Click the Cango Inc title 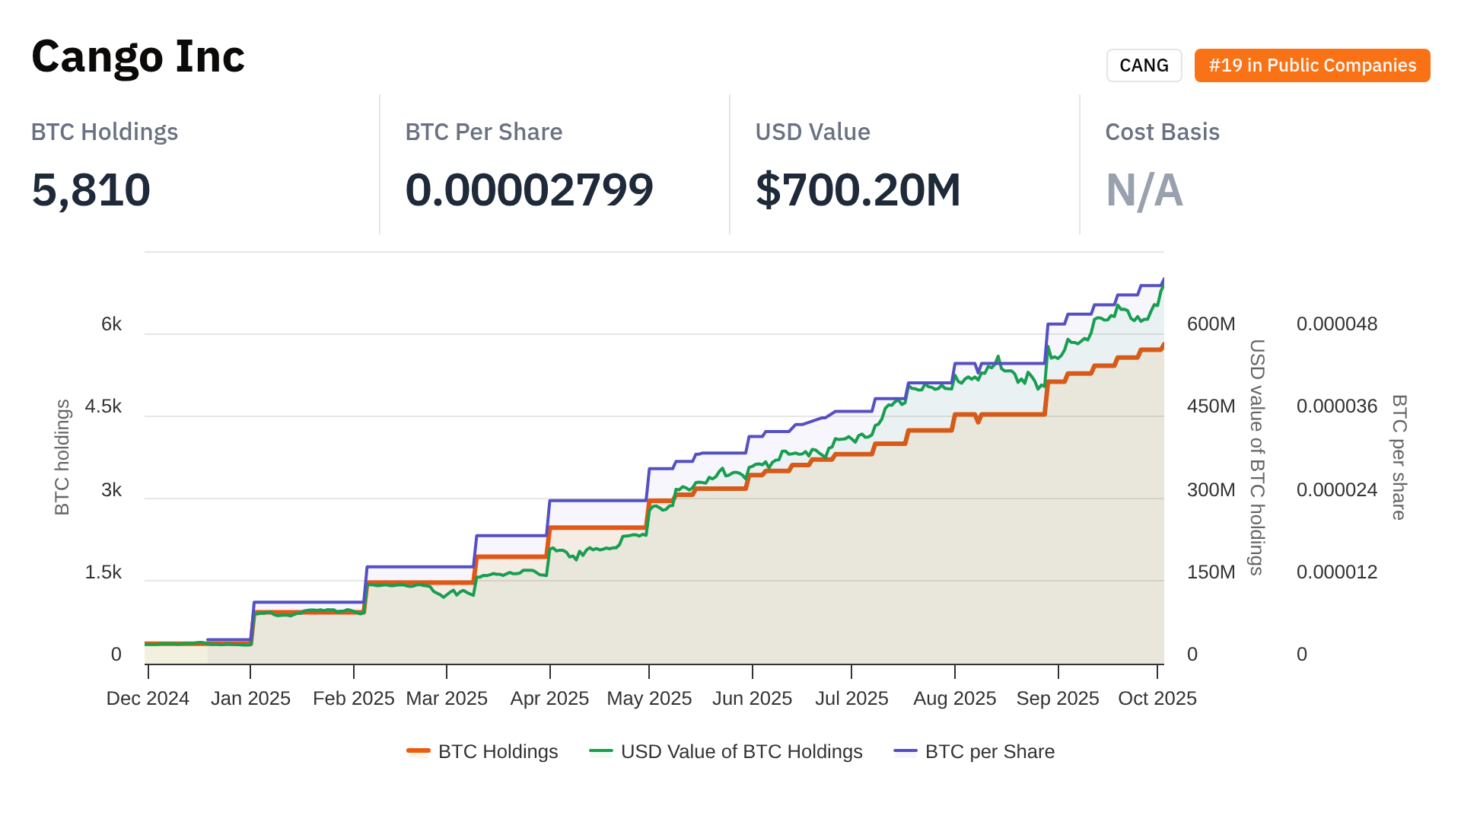pyautogui.click(x=138, y=57)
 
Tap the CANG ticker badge pyautogui.click(x=1144, y=65)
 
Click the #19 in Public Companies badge pyautogui.click(x=1312, y=65)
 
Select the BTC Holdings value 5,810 pyautogui.click(x=91, y=190)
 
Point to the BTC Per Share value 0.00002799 pyautogui.click(x=529, y=190)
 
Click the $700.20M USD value pyautogui.click(x=858, y=190)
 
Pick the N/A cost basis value pyautogui.click(x=1144, y=190)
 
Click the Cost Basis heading pyautogui.click(x=1162, y=132)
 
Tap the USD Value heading pyautogui.click(x=812, y=132)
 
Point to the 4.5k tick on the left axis pyautogui.click(x=103, y=406)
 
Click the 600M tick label pyautogui.click(x=1211, y=324)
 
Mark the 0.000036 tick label pyautogui.click(x=1336, y=406)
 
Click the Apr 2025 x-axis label pyautogui.click(x=549, y=699)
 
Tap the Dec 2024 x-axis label pyautogui.click(x=148, y=699)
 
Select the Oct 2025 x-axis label pyautogui.click(x=1157, y=699)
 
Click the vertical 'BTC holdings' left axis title pyautogui.click(x=62, y=457)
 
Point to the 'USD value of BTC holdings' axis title pyautogui.click(x=1257, y=457)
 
